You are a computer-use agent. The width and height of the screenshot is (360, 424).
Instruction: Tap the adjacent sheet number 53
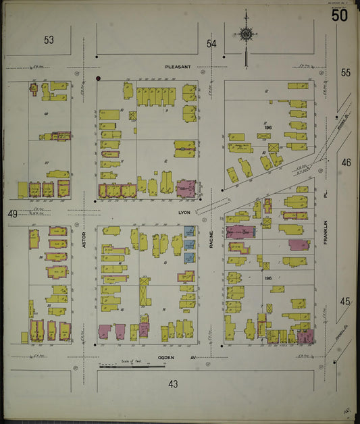pyautogui.click(x=49, y=41)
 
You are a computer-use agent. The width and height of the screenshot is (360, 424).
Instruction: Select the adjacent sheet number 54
pyautogui.click(x=212, y=44)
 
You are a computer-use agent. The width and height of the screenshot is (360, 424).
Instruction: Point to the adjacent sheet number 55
pyautogui.click(x=346, y=72)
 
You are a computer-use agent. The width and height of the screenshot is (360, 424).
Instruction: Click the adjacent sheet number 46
pyautogui.click(x=346, y=163)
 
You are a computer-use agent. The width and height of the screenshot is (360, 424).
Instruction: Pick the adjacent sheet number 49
pyautogui.click(x=12, y=214)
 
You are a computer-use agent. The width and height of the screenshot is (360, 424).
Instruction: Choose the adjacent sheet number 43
pyautogui.click(x=174, y=383)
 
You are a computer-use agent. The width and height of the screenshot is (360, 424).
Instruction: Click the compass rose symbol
pyautogui.click(x=246, y=34)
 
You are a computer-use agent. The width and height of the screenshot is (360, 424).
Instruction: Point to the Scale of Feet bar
pyautogui.click(x=132, y=366)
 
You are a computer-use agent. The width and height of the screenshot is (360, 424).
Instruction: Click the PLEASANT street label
pyautogui.click(x=178, y=67)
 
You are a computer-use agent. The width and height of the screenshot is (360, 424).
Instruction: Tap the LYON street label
pyautogui.click(x=183, y=212)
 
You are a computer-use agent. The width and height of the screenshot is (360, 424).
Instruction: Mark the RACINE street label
pyautogui.click(x=211, y=238)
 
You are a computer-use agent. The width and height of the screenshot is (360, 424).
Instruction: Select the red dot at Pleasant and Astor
pyautogui.click(x=99, y=79)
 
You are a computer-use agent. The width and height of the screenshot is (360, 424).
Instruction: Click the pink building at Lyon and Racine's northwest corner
pyautogui.click(x=186, y=187)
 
